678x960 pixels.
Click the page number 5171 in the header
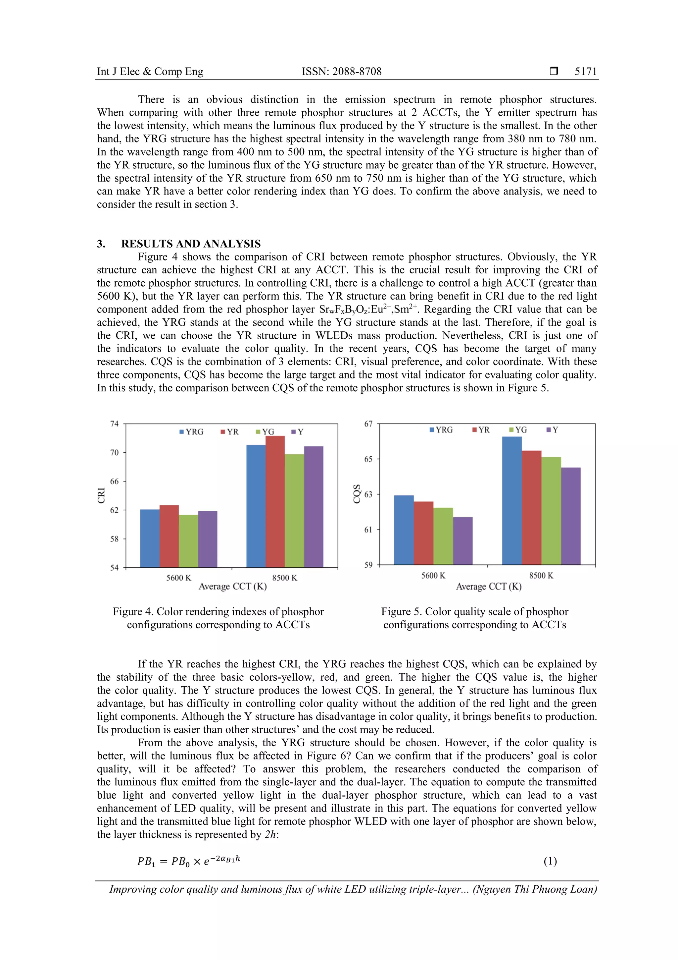pos(585,72)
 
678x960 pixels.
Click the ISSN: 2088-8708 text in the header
pos(341,72)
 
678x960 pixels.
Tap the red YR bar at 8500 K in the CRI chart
pos(275,502)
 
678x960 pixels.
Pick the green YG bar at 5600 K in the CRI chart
pos(188,541)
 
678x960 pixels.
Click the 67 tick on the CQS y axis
pos(368,424)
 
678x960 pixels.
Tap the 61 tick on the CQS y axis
pos(368,530)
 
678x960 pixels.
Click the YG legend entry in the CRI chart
pos(265,432)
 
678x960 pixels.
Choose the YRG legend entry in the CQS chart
pos(441,430)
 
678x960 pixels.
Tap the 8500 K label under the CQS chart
pos(541,576)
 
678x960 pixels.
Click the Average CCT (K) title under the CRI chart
pos(232,587)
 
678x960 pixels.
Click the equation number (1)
pos(550,861)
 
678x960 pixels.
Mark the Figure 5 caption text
pos(474,618)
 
